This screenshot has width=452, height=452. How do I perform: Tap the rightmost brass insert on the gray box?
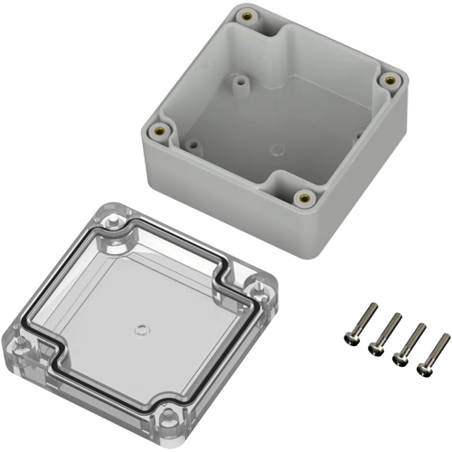[x=390, y=80]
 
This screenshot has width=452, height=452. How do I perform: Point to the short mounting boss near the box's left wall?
[x=193, y=142]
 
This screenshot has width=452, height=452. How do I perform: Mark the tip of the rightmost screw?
[x=447, y=337]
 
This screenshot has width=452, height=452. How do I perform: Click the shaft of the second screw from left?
[x=389, y=330]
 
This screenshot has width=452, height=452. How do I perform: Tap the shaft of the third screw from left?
[x=412, y=341]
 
